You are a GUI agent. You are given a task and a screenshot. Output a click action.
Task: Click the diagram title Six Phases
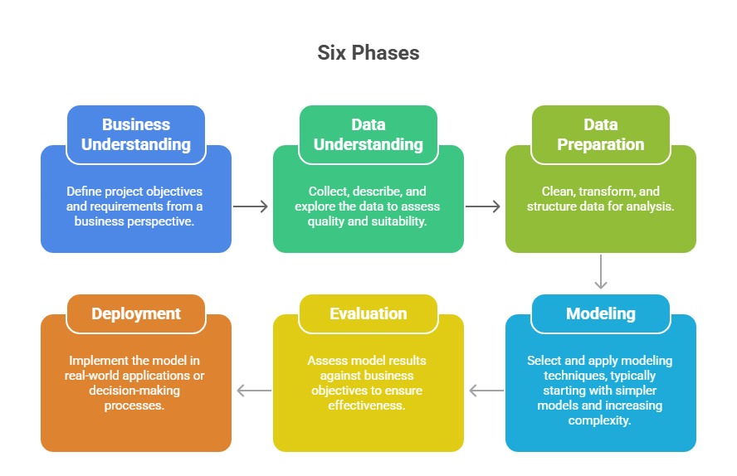pyautogui.click(x=368, y=53)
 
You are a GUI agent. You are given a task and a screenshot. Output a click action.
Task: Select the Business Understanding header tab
pyautogui.click(x=136, y=134)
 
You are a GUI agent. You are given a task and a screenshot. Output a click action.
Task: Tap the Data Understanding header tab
pyautogui.click(x=368, y=134)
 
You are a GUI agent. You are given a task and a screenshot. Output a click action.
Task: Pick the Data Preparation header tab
pyautogui.click(x=600, y=134)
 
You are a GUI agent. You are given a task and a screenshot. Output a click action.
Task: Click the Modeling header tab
pyautogui.click(x=600, y=313)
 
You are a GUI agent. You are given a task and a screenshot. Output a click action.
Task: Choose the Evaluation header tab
pyautogui.click(x=368, y=313)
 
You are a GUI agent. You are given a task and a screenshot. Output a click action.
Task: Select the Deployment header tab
pyautogui.click(x=136, y=313)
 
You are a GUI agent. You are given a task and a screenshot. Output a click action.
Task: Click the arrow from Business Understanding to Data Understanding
pyautogui.click(x=251, y=206)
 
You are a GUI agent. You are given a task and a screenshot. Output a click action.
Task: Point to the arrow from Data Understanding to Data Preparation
pyautogui.click(x=484, y=206)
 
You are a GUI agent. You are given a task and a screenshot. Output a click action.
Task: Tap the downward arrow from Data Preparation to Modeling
pyautogui.click(x=601, y=273)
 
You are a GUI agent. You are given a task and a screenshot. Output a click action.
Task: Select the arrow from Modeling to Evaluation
pyautogui.click(x=486, y=390)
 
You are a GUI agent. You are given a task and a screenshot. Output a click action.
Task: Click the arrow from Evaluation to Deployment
pyautogui.click(x=253, y=390)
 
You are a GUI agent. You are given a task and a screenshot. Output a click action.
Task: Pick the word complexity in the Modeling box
pyautogui.click(x=600, y=420)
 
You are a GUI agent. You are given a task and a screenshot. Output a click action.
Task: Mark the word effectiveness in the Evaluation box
pyautogui.click(x=368, y=406)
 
